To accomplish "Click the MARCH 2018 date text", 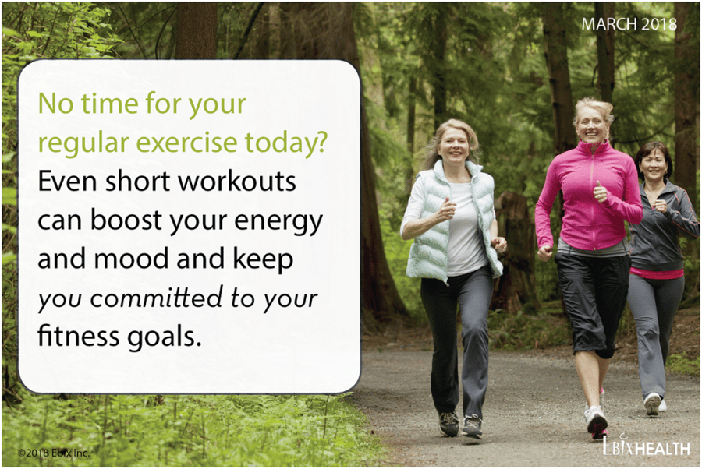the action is [x=629, y=24].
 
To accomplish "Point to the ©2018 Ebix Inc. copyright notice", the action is [x=54, y=453].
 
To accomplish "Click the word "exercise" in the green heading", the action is [x=186, y=142].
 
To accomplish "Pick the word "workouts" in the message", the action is [x=237, y=181].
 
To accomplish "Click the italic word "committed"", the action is [x=156, y=298].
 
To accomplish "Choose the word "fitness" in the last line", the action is [x=78, y=336].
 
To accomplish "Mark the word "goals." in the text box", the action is [x=165, y=337].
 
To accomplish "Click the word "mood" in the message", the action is [x=132, y=259].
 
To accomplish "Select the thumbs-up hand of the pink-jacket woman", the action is [x=600, y=192].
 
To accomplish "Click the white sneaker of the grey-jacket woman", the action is [x=652, y=404].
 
